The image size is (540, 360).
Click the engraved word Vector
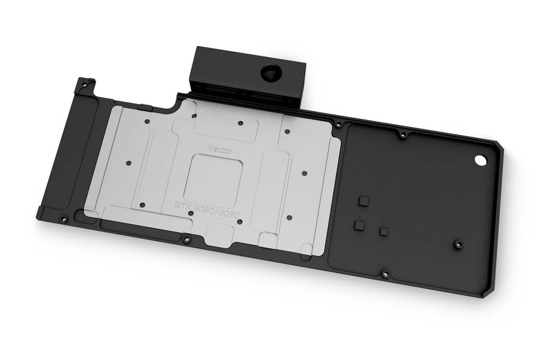[x=220, y=150]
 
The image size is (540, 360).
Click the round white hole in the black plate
[x=481, y=161]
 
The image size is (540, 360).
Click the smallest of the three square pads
[x=383, y=232]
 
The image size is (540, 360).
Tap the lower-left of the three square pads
[x=359, y=225]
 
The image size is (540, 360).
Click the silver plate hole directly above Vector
[x=241, y=124]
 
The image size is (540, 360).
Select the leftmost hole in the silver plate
[x=129, y=163]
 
